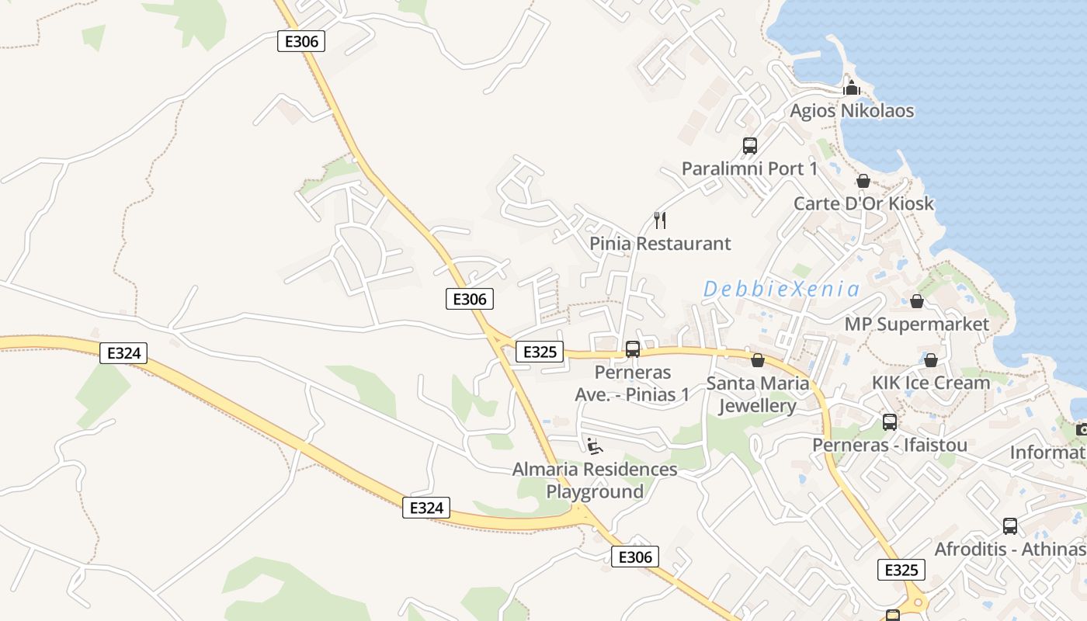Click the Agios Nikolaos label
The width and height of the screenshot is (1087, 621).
tap(852, 111)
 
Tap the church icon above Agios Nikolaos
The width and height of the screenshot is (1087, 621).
tap(852, 88)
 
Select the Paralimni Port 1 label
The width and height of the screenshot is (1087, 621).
tap(749, 168)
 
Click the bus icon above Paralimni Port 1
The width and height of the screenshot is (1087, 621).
tap(749, 145)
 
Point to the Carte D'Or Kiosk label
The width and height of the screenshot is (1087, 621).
tap(863, 203)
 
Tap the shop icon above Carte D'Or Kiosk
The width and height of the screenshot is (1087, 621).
tap(863, 181)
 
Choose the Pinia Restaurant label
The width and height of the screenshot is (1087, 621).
tap(660, 244)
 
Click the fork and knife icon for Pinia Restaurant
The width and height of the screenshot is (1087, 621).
tap(660, 220)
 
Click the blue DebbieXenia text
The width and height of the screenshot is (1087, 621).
tap(781, 290)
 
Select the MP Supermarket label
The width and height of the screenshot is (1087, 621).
tap(917, 324)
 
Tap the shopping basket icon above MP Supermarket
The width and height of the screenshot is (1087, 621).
tap(917, 301)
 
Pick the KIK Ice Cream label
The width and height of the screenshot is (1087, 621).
tap(931, 383)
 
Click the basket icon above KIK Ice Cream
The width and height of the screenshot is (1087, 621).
tap(931, 360)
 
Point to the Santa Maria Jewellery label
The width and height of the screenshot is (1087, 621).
tap(758, 394)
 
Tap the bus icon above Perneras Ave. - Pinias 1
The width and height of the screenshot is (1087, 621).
tap(633, 349)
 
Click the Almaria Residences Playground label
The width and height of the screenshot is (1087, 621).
tap(595, 480)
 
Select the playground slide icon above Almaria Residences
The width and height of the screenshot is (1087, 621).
tap(595, 446)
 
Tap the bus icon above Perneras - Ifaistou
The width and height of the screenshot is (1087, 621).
tap(890, 422)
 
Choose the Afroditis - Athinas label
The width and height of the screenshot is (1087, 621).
tap(1009, 549)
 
